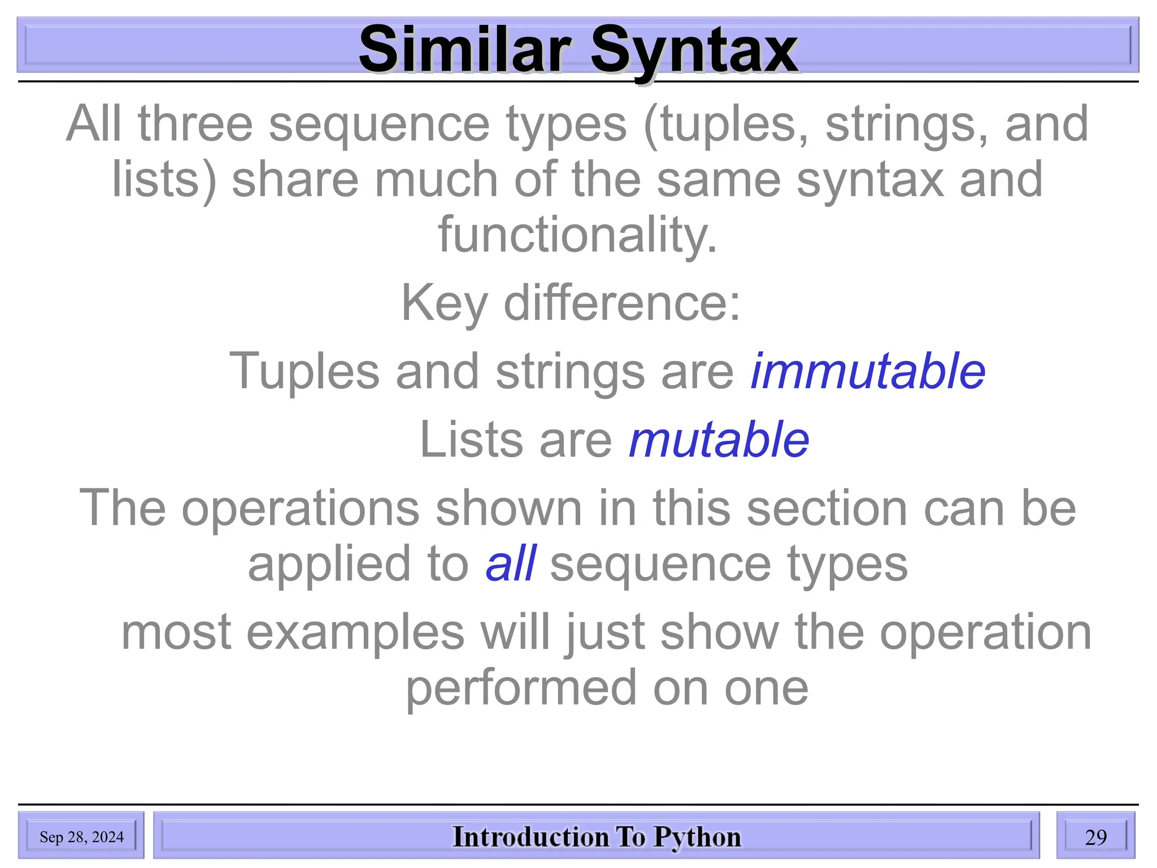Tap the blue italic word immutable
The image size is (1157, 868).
pos(868,371)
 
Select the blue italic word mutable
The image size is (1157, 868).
pos(719,440)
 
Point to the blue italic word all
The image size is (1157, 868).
pos(510,563)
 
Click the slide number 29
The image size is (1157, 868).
pos(1095,837)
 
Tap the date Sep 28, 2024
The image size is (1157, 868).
pos(81,837)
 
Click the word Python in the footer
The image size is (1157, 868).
pos(697,837)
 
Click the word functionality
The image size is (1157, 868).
pos(577,235)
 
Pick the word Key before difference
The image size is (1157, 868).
pos(444,303)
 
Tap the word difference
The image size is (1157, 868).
pos(621,303)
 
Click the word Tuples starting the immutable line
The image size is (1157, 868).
pos(304,371)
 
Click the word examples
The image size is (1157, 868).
pos(355,632)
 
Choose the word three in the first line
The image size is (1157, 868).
pos(195,124)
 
